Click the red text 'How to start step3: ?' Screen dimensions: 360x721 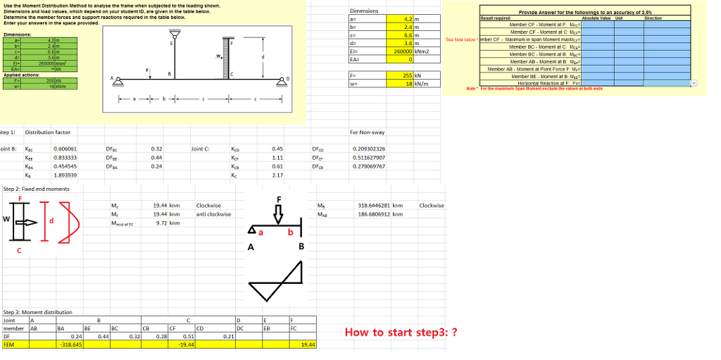(401, 333)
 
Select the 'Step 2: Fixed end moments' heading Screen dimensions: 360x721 (36, 189)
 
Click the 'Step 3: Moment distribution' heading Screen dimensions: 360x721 (38, 312)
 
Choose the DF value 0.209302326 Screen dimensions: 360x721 (368, 149)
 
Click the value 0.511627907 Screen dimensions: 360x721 (368, 158)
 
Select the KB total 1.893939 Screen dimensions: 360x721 (65, 175)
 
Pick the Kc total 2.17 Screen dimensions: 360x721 (277, 175)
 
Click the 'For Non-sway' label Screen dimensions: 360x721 (368, 132)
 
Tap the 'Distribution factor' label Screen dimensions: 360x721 (46, 132)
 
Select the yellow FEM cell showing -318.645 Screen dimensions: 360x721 (70, 345)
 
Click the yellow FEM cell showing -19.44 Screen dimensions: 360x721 (187, 345)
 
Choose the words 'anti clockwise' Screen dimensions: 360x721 (213, 213)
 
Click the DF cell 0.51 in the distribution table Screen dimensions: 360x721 (188, 337)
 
